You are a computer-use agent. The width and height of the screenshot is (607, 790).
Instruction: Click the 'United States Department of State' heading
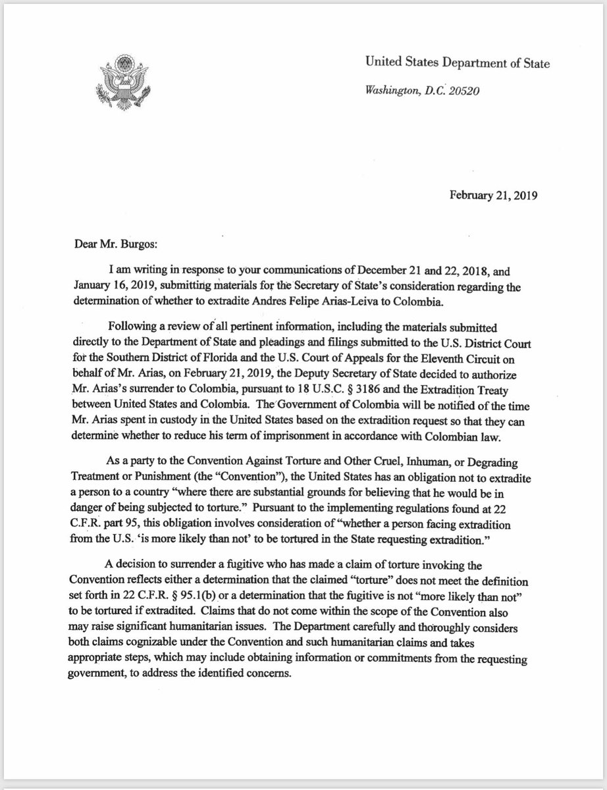(x=458, y=63)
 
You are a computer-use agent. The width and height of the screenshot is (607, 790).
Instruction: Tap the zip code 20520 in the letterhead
(x=463, y=91)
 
